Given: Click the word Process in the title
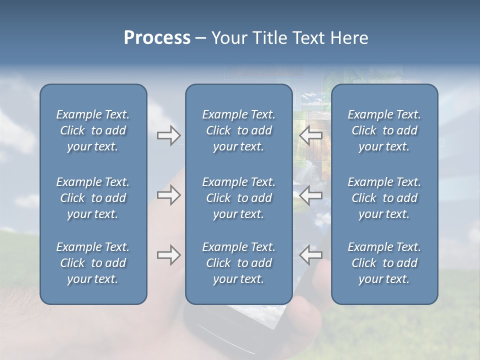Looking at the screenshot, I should tap(157, 38).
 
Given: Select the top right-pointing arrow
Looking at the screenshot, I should tap(168, 135).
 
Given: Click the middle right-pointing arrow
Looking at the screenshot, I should tap(168, 195).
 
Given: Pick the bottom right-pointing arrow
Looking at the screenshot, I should tap(168, 255).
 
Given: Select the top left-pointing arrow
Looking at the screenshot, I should tap(310, 135).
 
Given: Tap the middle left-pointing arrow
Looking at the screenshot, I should tap(310, 195).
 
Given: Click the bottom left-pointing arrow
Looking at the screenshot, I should tap(310, 255).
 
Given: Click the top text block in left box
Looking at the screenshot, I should tap(93, 130).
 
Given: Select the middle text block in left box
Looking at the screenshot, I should tap(93, 198).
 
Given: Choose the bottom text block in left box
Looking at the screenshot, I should tap(93, 263).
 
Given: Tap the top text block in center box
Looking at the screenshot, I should tap(238, 130).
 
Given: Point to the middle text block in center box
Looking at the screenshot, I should tap(238, 198).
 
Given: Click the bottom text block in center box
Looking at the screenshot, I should tap(238, 263).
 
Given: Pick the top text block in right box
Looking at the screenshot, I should tap(384, 130).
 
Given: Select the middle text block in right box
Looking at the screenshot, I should tap(384, 198).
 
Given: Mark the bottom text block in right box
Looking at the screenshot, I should tap(384, 263).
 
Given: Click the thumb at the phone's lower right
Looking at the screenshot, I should tap(307, 320).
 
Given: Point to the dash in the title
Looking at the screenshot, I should tap(200, 38).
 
